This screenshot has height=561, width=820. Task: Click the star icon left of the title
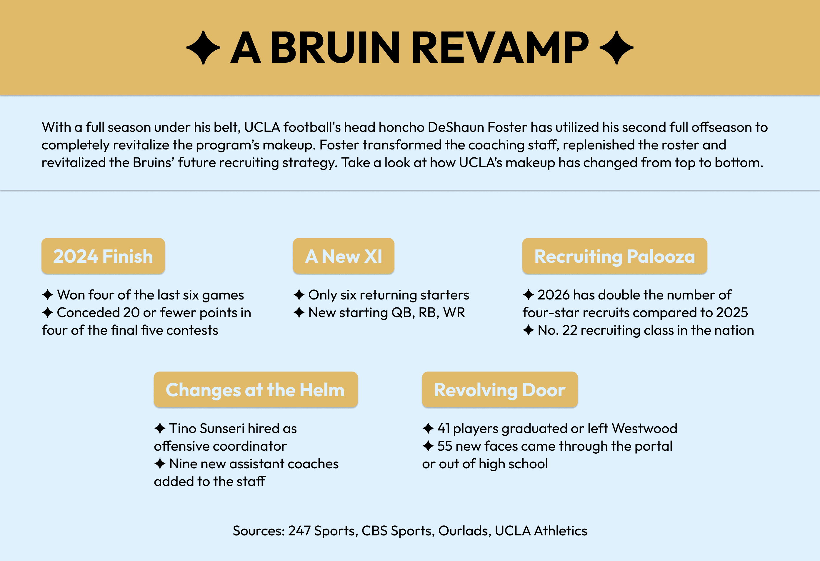[x=203, y=48]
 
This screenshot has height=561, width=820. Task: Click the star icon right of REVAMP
[x=616, y=48]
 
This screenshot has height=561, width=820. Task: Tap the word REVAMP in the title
[x=500, y=47]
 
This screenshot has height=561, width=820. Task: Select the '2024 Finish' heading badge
[x=103, y=256]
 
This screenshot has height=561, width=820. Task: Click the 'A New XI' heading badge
[x=343, y=256]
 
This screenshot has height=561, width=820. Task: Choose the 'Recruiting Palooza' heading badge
[x=615, y=256]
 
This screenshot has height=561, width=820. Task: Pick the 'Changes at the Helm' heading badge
[x=256, y=389]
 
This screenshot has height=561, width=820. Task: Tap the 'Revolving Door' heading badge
[x=500, y=389]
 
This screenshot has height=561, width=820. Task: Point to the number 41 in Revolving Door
[x=444, y=428]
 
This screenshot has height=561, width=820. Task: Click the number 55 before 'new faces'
[x=445, y=446]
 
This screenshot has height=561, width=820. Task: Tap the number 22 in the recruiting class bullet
[x=570, y=330]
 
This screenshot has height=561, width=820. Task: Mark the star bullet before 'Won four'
[x=48, y=294]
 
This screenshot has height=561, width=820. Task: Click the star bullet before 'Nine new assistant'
[x=160, y=464]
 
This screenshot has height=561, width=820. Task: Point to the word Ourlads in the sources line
[x=464, y=531]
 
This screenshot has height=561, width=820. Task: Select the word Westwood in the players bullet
[x=645, y=428]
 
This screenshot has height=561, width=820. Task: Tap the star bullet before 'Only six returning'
[x=299, y=294]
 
